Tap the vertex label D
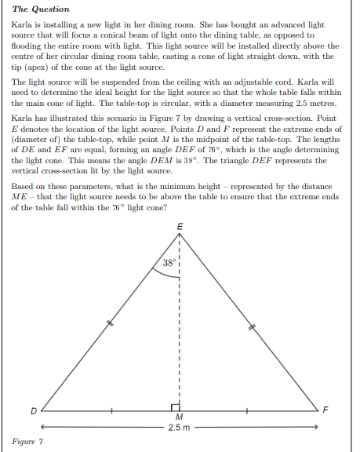pos(33,410)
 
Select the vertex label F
pos(328,410)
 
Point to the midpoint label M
pos(180,417)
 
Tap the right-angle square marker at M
pos(176,406)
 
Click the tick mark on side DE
pos(111,322)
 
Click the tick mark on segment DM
pos(111,410)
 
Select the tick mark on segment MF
pos(249,410)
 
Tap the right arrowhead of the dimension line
pos(315,427)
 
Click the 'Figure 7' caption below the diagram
pos(27,443)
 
